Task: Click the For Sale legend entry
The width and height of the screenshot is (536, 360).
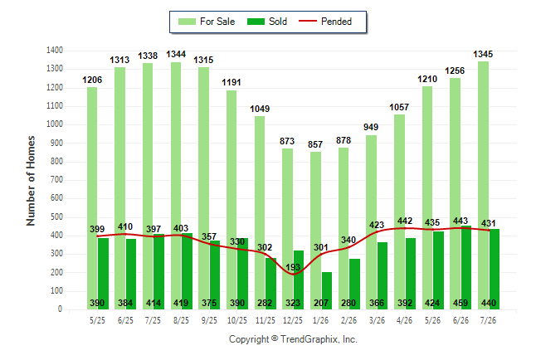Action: click(x=207, y=22)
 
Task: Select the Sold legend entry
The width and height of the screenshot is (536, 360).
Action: click(x=267, y=22)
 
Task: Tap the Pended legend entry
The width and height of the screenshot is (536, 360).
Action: click(x=325, y=22)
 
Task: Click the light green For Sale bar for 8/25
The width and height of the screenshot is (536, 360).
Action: click(x=176, y=186)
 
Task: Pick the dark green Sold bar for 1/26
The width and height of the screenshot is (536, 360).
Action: click(x=327, y=291)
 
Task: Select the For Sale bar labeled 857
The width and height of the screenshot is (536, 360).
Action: click(x=316, y=231)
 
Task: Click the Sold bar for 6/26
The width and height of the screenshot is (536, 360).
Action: click(x=466, y=268)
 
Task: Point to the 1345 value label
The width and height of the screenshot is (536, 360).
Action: click(x=483, y=54)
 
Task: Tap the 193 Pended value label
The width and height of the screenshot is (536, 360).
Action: click(x=293, y=267)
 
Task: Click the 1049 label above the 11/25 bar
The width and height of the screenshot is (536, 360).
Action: click(x=260, y=109)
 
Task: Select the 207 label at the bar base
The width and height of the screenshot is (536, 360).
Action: click(x=321, y=303)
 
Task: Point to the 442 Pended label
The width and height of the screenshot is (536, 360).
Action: click(x=405, y=221)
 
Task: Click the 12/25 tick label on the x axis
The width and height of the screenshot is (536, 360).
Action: click(x=293, y=320)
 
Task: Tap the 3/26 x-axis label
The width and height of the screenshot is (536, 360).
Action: click(x=377, y=320)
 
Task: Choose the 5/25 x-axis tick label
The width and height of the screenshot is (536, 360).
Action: click(x=97, y=320)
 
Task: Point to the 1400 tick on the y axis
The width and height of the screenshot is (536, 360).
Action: click(x=55, y=51)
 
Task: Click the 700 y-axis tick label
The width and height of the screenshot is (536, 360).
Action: click(x=56, y=179)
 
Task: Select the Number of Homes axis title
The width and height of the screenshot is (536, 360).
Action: click(x=31, y=181)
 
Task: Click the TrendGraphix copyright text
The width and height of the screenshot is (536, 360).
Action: click(x=293, y=339)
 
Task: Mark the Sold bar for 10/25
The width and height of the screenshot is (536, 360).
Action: click(x=243, y=274)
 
